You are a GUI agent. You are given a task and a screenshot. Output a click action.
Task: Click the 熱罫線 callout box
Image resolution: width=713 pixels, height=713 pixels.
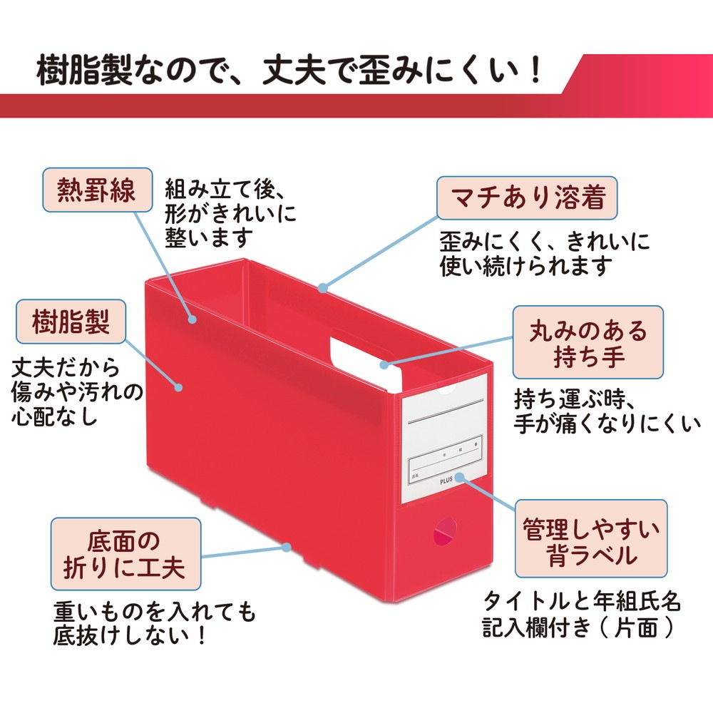pyautogui.click(x=97, y=190)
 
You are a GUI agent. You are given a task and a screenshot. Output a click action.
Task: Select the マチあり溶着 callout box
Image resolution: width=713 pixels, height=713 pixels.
pyautogui.click(x=527, y=198)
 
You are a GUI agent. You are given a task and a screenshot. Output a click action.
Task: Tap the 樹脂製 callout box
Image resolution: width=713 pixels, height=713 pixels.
pyautogui.click(x=71, y=322)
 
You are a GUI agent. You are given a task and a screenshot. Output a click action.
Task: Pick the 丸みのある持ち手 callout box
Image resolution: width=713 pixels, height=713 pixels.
pyautogui.click(x=588, y=342)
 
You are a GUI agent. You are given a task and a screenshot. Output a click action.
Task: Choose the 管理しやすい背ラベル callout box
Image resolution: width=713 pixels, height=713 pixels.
pyautogui.click(x=591, y=539)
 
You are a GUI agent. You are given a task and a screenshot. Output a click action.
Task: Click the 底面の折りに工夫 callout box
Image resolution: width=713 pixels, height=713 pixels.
pyautogui.click(x=125, y=554)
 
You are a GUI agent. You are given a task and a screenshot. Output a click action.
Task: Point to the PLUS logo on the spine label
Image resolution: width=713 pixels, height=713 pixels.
pyautogui.click(x=446, y=481)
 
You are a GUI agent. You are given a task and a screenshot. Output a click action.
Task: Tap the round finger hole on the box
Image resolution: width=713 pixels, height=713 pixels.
pyautogui.click(x=445, y=531)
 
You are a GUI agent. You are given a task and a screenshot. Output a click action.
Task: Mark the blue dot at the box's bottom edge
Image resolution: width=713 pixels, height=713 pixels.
pyautogui.click(x=286, y=547)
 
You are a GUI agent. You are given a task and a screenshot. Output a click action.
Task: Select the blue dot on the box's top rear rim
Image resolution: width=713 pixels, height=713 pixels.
pyautogui.click(x=322, y=288)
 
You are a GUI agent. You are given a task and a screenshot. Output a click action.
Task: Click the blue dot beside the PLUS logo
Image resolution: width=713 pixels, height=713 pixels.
pyautogui.click(x=459, y=477)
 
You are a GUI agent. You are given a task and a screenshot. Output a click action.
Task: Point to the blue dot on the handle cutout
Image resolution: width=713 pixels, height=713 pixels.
pyautogui.click(x=384, y=364)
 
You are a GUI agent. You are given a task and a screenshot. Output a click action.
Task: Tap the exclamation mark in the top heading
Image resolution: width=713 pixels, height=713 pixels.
pyautogui.click(x=536, y=71)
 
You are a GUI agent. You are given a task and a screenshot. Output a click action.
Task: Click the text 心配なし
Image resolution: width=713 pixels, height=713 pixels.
pyautogui.click(x=54, y=416)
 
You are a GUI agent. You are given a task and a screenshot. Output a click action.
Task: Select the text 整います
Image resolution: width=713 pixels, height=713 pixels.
pyautogui.click(x=209, y=237)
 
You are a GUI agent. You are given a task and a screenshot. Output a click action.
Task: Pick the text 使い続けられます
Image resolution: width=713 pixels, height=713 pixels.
pyautogui.click(x=525, y=266)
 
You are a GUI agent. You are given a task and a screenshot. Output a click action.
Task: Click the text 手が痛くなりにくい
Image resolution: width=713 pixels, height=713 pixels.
pyautogui.click(x=607, y=424)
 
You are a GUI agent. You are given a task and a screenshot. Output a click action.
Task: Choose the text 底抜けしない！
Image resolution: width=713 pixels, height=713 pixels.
pyautogui.click(x=130, y=635)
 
